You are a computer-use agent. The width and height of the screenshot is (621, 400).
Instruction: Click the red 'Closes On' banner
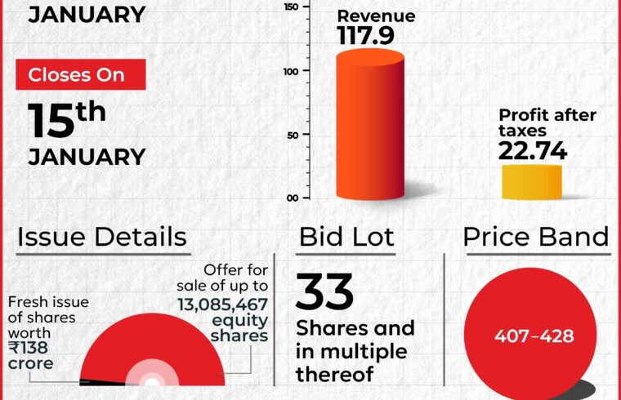(x=81, y=74)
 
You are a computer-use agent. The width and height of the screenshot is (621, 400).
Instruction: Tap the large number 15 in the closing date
(x=51, y=121)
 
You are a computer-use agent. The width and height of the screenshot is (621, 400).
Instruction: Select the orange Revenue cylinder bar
(x=370, y=124)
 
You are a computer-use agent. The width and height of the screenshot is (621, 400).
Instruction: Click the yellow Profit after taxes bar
(x=532, y=182)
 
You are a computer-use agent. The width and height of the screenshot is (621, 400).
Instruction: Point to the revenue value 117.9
(x=365, y=36)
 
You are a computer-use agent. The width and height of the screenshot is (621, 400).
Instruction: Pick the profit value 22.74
(x=533, y=151)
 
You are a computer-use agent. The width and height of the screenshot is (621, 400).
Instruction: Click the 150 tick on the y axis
(x=291, y=7)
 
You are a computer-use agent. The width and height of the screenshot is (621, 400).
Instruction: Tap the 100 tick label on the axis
(x=291, y=72)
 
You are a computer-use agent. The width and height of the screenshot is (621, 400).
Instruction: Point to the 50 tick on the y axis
(x=293, y=136)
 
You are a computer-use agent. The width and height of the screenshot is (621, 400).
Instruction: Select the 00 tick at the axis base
(x=293, y=198)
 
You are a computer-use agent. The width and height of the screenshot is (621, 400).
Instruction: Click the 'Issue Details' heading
(x=102, y=237)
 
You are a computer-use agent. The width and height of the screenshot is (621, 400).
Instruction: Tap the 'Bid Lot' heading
(x=346, y=237)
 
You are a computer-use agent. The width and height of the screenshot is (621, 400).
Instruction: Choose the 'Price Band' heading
(x=536, y=237)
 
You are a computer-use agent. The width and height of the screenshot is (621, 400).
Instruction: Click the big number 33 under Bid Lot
(x=324, y=292)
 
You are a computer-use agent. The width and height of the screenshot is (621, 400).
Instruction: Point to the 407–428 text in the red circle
(x=534, y=336)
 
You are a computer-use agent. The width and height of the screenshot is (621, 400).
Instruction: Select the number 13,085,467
(x=222, y=304)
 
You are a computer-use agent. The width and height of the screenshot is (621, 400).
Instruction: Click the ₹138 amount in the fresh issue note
(x=28, y=348)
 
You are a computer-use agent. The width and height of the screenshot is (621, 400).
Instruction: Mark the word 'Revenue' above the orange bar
(x=376, y=16)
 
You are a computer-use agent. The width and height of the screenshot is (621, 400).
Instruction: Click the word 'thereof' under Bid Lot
(x=335, y=374)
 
